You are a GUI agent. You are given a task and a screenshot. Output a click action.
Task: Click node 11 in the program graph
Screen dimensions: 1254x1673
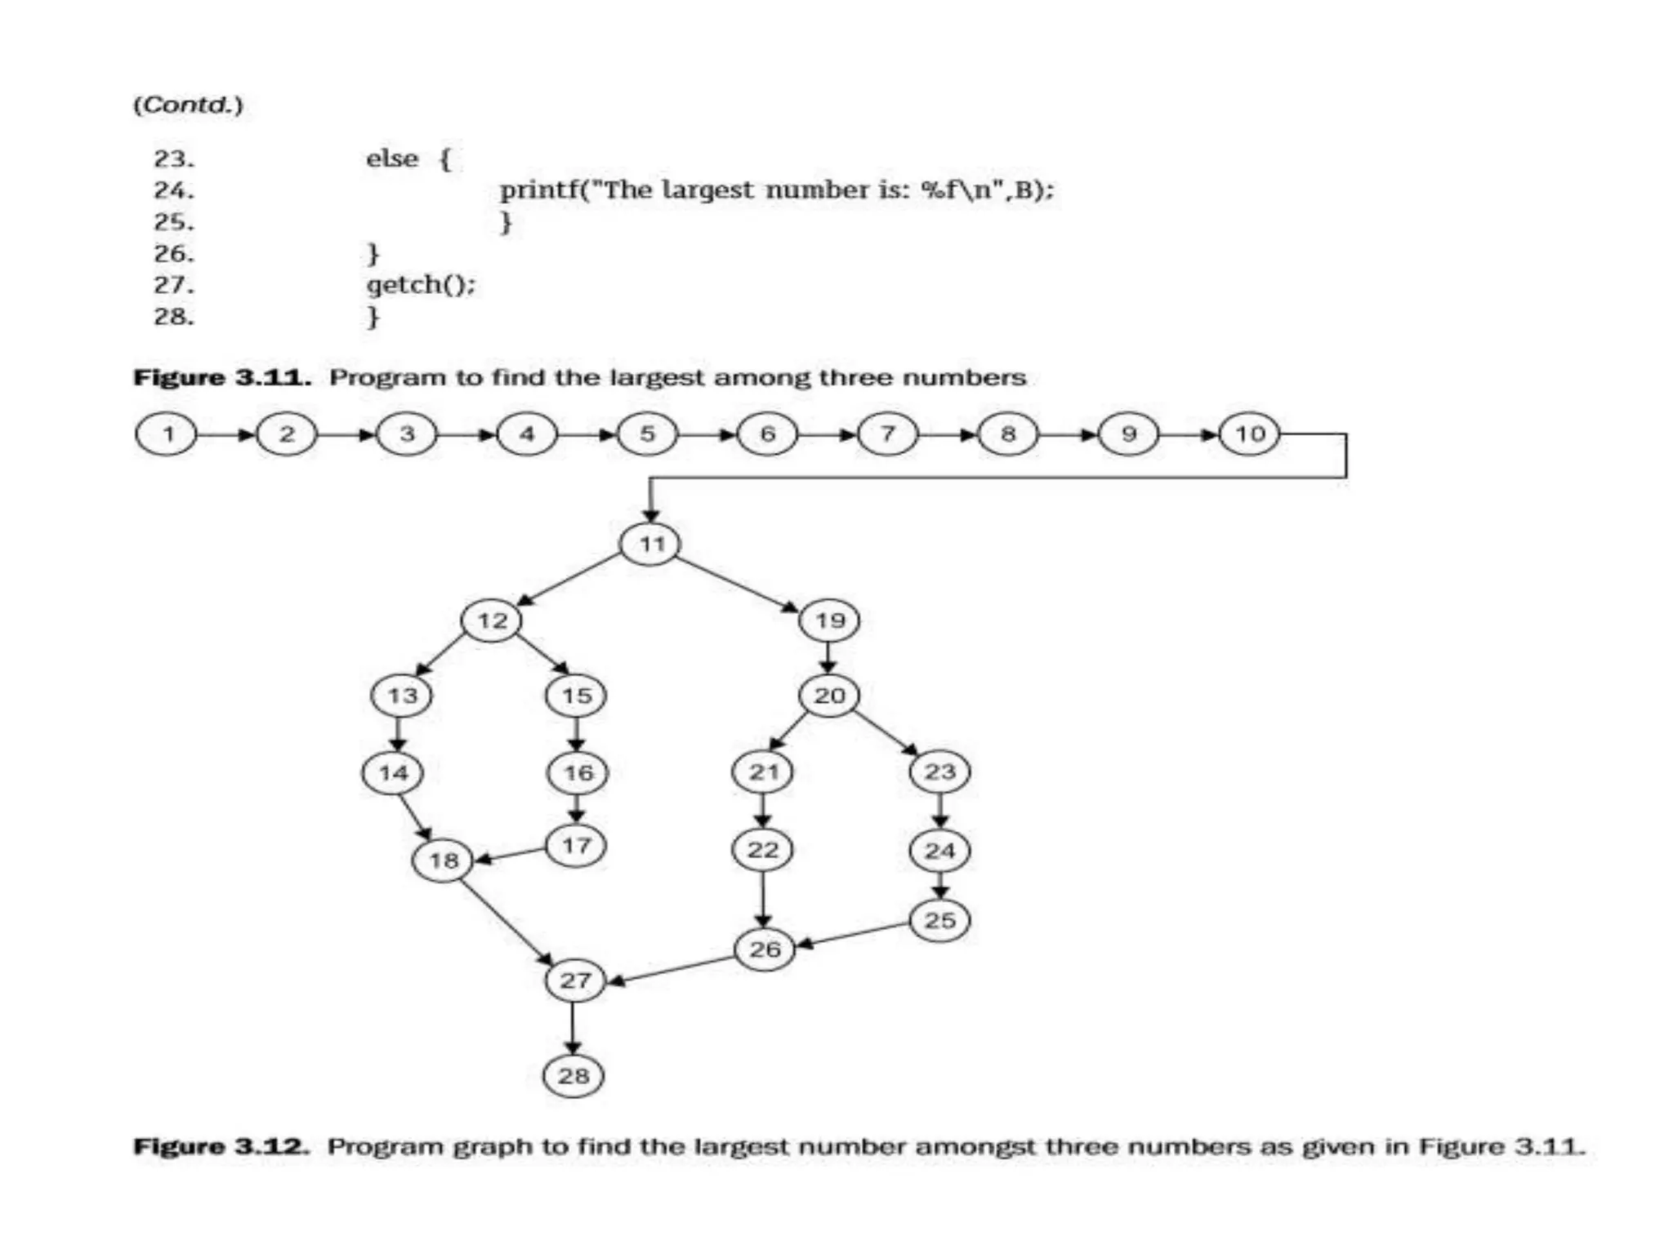click(650, 544)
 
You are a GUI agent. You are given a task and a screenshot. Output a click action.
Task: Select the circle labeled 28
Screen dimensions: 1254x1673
click(573, 1075)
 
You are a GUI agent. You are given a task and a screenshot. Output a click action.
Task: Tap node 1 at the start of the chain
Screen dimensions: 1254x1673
click(167, 434)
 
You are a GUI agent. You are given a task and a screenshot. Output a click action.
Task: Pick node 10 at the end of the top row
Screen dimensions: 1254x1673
click(1249, 434)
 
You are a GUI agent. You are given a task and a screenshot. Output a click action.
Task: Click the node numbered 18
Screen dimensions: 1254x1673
click(443, 860)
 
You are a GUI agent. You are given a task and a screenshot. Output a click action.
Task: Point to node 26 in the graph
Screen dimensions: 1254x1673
click(765, 949)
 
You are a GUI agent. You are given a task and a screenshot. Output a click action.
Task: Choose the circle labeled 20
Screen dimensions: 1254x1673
click(829, 696)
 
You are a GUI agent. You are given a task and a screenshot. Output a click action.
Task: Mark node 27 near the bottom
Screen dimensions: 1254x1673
click(575, 980)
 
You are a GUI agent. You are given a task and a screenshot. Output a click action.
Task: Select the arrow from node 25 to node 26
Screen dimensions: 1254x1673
click(854, 935)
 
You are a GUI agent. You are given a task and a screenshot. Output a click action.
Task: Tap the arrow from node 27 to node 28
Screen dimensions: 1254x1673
click(573, 1027)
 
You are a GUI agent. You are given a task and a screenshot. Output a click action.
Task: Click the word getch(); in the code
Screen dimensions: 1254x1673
click(420, 285)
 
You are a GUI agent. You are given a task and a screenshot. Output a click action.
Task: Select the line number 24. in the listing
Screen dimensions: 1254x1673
click(174, 190)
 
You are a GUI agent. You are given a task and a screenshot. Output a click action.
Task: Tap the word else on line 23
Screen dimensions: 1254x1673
click(392, 158)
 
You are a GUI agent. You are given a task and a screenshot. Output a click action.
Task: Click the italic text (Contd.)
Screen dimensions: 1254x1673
click(189, 105)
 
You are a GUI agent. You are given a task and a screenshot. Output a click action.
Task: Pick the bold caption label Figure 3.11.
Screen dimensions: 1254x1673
click(222, 378)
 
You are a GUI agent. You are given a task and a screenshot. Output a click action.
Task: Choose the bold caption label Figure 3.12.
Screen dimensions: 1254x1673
click(221, 1146)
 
